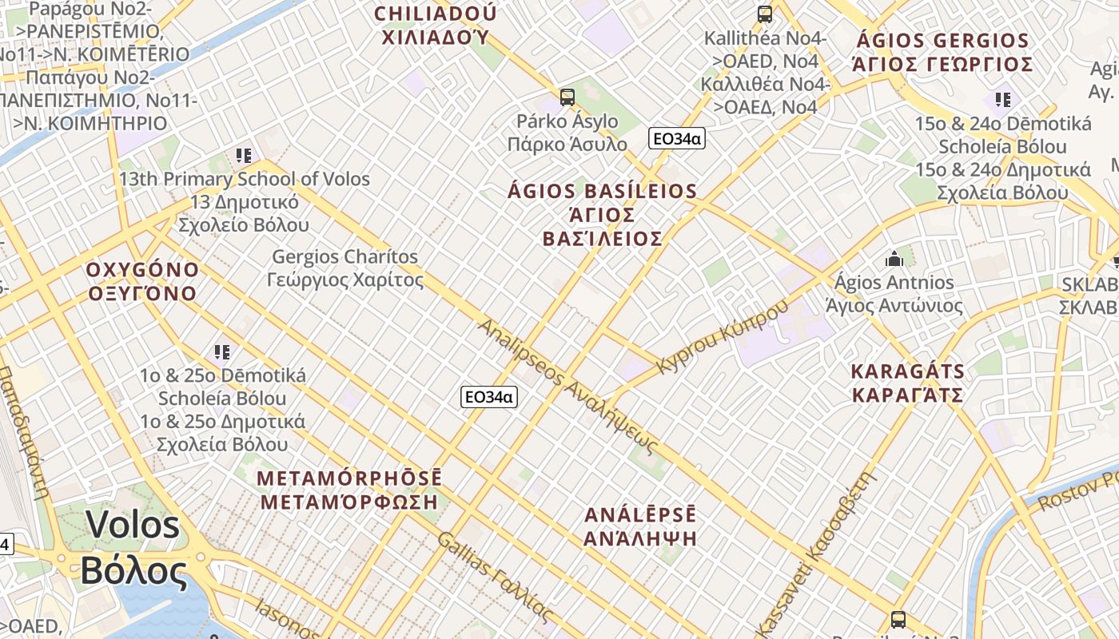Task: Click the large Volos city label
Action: [x=133, y=547]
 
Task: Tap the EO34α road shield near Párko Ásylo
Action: [x=676, y=138]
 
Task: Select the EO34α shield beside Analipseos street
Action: [x=489, y=397]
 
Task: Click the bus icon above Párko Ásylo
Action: [x=567, y=97]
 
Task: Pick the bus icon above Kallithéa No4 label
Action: [x=765, y=14]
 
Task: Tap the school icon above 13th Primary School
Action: [x=244, y=155]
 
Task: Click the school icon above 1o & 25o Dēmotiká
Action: [x=222, y=351]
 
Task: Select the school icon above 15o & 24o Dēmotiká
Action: [x=1003, y=100]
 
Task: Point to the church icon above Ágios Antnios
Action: [x=894, y=259]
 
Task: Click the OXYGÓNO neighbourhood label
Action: [x=142, y=281]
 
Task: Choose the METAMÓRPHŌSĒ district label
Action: [x=349, y=490]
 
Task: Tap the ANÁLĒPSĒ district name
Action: [x=640, y=526]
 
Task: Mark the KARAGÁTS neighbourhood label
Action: [x=907, y=383]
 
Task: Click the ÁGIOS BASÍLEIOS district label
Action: [x=603, y=215]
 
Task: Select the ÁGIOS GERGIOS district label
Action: [x=942, y=52]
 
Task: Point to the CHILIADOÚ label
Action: [x=436, y=25]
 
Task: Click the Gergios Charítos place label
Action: [x=345, y=268]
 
